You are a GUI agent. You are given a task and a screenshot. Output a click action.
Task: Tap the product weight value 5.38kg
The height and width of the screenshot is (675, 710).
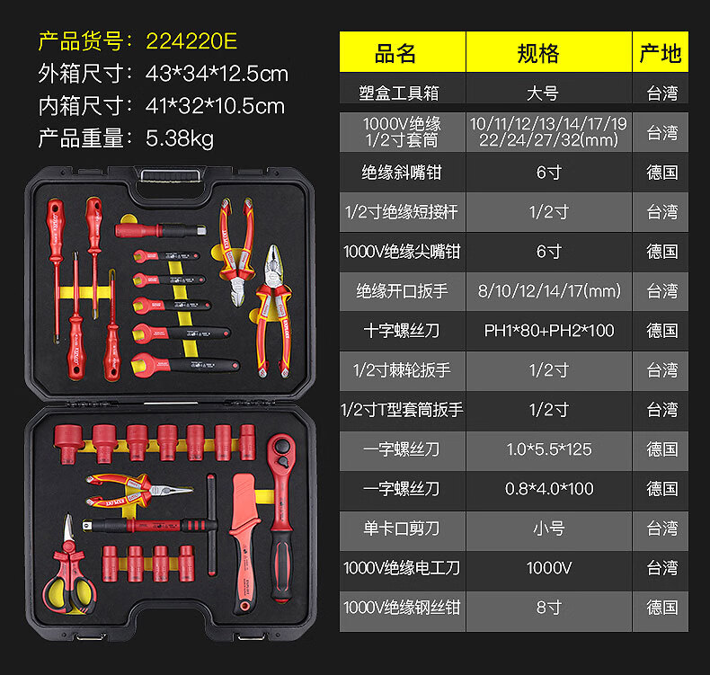click(x=180, y=138)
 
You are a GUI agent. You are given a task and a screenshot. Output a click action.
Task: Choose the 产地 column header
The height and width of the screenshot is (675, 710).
click(x=661, y=53)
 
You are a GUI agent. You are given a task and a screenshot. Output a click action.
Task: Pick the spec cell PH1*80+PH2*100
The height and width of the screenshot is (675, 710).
click(x=548, y=330)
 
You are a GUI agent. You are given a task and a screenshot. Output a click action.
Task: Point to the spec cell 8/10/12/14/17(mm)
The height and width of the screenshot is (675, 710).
click(x=548, y=290)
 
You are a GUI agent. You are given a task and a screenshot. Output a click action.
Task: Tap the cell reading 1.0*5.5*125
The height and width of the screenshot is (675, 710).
click(x=548, y=449)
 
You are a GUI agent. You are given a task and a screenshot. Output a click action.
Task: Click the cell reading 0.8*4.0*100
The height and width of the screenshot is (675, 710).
click(x=548, y=488)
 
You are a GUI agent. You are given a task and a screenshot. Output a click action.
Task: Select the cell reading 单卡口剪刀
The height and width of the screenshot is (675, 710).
click(x=402, y=528)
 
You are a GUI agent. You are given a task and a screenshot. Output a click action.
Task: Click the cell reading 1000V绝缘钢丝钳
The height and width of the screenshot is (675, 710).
click(x=402, y=607)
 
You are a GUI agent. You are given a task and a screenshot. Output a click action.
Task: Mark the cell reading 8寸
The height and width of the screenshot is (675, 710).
click(x=548, y=607)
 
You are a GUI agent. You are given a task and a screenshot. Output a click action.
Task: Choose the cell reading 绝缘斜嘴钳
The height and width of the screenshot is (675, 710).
click(x=402, y=172)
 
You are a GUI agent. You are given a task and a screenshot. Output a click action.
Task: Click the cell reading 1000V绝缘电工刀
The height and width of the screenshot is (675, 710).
click(x=402, y=567)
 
